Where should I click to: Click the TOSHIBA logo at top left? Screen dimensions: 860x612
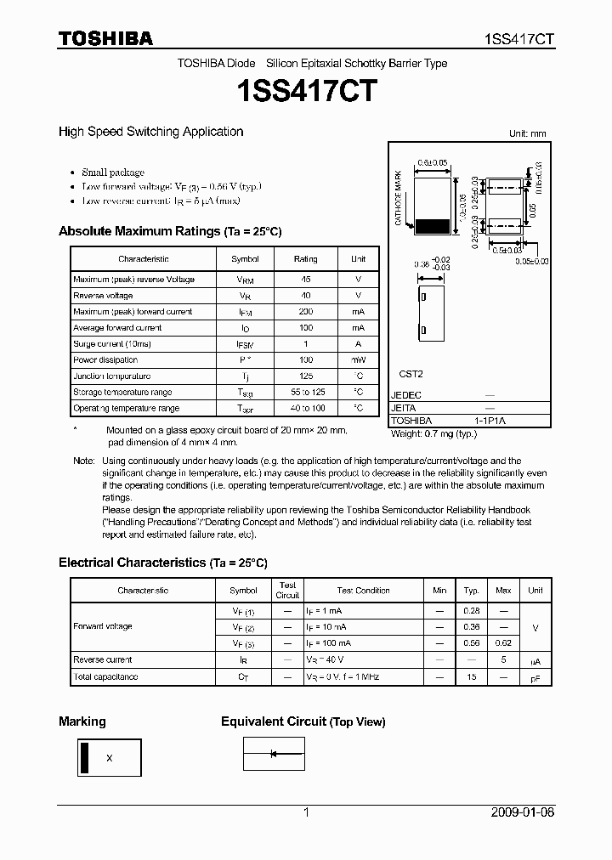pos(105,38)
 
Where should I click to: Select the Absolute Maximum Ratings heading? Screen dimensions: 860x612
pos(169,231)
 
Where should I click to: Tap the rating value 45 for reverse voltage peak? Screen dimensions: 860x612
pos(305,280)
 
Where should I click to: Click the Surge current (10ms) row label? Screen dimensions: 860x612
pos(111,344)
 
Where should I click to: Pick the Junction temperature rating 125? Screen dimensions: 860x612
pos(305,376)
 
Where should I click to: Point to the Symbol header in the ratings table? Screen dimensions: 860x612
pos(245,259)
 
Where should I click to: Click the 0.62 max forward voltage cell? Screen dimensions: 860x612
pos(503,643)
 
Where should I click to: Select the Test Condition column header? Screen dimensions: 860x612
pos(363,591)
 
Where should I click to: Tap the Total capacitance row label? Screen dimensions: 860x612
pos(105,677)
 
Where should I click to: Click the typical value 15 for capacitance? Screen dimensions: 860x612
pos(471,677)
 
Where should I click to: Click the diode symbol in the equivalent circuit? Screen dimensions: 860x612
pos(274,754)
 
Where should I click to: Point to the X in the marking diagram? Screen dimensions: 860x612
pos(110,758)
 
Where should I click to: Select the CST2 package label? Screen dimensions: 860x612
pos(411,374)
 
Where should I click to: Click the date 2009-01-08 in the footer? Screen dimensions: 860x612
pos(522,812)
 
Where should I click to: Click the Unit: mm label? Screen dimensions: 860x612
pos(527,134)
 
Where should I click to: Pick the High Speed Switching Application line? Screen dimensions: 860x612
pos(150,132)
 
